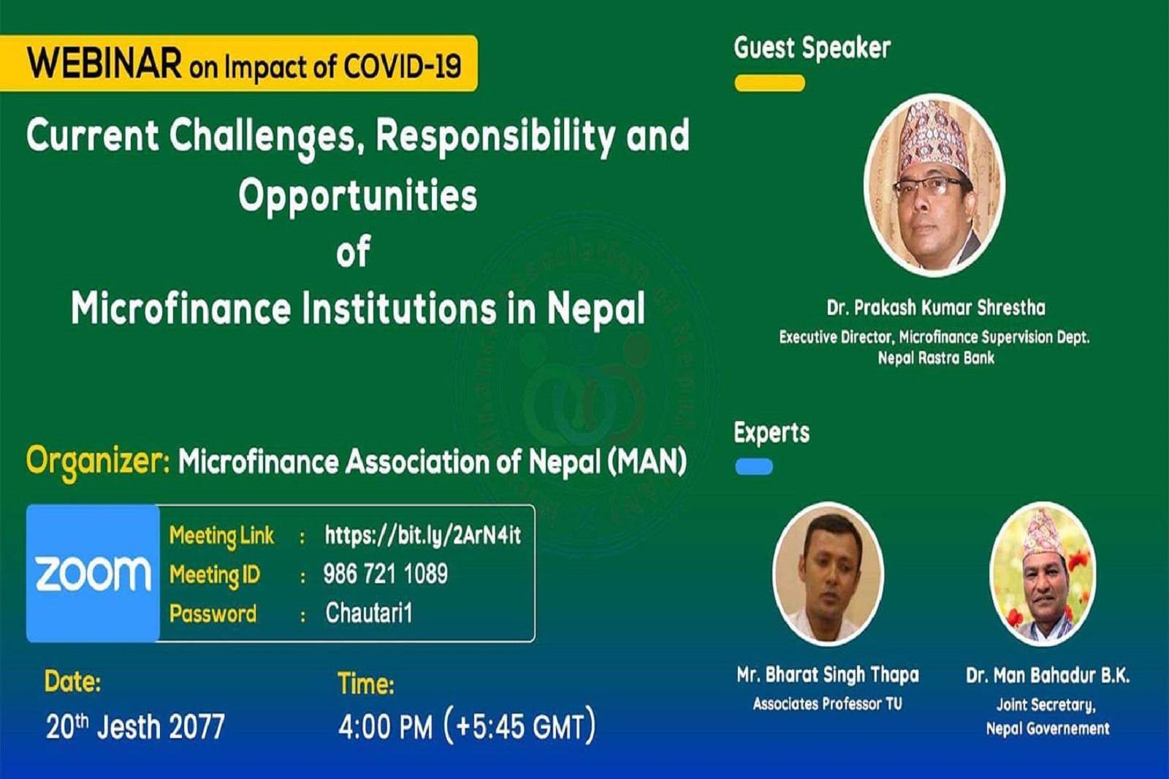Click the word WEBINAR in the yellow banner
[x=105, y=64]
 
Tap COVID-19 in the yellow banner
[x=403, y=66]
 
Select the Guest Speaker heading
[x=812, y=49]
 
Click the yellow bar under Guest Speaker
[x=769, y=83]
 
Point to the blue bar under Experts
[x=754, y=466]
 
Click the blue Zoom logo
[x=93, y=573]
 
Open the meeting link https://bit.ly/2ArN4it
[x=423, y=535]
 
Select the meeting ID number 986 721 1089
[x=386, y=574]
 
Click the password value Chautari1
[x=369, y=612]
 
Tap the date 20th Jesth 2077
[x=135, y=726]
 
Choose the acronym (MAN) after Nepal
[x=647, y=462]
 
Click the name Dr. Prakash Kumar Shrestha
[x=936, y=308]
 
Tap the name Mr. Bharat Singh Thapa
[x=828, y=675]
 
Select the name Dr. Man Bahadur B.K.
[x=1048, y=676]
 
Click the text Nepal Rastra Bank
[x=936, y=358]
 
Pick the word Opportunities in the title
[x=358, y=197]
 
